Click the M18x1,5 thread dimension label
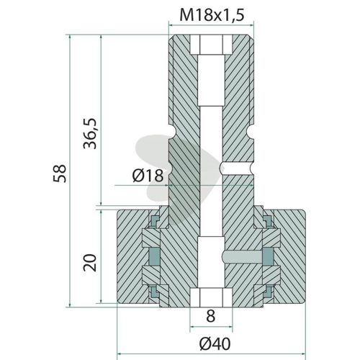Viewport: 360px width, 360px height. pos(212,15)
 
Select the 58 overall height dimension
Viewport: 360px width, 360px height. pos(60,174)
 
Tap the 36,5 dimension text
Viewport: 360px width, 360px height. pos(90,133)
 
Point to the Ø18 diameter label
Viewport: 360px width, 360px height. pos(148,175)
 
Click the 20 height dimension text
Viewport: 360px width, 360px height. pos(90,263)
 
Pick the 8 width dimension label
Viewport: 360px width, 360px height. pos(211,316)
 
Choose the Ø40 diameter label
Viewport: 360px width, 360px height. pos(215,344)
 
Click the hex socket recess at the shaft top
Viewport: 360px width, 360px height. pos(211,45)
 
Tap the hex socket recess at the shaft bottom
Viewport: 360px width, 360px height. pos(211,297)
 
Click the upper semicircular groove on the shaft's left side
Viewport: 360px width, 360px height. pos(172,132)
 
